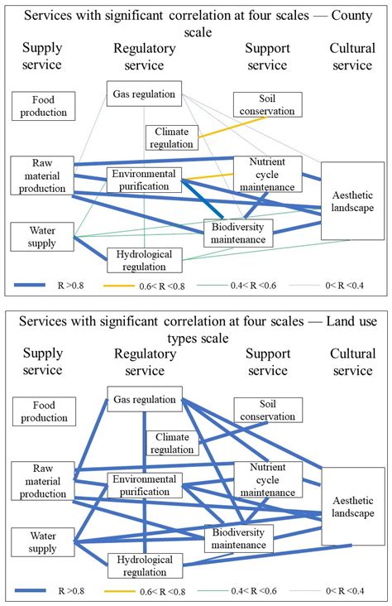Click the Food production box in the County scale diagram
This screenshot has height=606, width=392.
(x=44, y=105)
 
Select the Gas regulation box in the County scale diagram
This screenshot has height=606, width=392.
(x=144, y=94)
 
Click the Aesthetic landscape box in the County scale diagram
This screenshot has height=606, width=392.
(x=352, y=200)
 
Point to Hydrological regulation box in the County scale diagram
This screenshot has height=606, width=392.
(x=145, y=259)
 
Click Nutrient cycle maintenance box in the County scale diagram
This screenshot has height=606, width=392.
(x=266, y=173)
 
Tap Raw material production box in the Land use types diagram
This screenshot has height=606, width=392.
(x=42, y=483)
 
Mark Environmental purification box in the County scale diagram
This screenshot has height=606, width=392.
(x=144, y=180)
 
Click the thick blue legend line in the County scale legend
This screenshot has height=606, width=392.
(x=41, y=284)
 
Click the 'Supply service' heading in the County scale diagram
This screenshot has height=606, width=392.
(x=42, y=55)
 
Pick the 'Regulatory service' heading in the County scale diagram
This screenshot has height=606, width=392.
(x=145, y=55)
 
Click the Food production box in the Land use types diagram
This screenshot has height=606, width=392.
(x=44, y=410)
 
